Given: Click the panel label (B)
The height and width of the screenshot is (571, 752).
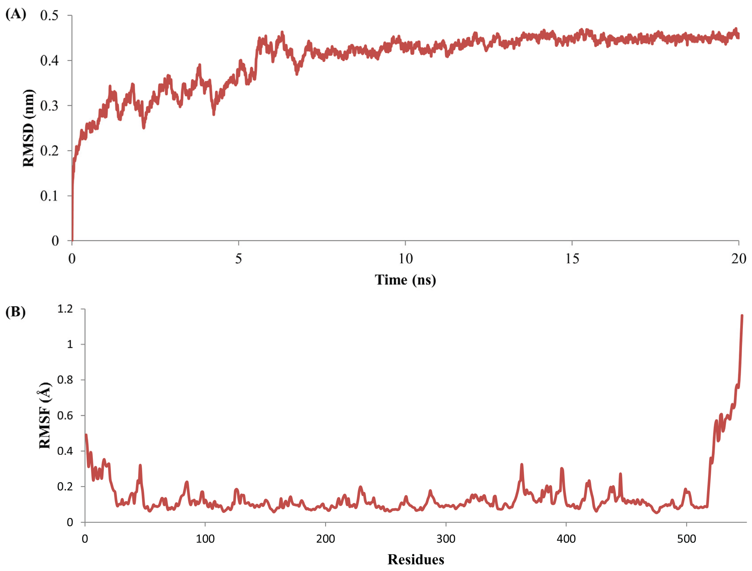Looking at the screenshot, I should pyautogui.click(x=16, y=312).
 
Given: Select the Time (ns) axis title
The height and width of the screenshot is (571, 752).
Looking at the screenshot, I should pyautogui.click(x=405, y=280).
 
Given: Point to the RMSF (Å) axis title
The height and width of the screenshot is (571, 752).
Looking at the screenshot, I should pyautogui.click(x=45, y=416).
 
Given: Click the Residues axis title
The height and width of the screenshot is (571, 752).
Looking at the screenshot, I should pyautogui.click(x=416, y=559).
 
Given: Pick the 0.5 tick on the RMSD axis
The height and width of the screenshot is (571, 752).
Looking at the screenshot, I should pyautogui.click(x=49, y=15).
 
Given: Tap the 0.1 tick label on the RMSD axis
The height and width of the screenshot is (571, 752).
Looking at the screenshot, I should pyautogui.click(x=49, y=196).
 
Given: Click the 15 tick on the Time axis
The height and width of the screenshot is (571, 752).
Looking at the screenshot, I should pyautogui.click(x=572, y=259).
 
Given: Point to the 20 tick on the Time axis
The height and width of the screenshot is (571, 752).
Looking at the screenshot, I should pyautogui.click(x=739, y=259).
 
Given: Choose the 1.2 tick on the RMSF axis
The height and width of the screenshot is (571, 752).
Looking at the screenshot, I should pyautogui.click(x=65, y=309).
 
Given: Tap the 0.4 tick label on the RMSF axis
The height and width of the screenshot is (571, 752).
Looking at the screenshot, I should pyautogui.click(x=65, y=451).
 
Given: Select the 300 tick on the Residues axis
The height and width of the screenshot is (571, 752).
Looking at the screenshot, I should pyautogui.click(x=446, y=539).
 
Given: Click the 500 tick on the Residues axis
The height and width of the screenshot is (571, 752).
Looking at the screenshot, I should pyautogui.click(x=686, y=539).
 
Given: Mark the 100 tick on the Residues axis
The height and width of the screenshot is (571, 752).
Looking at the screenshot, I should pyautogui.click(x=205, y=539).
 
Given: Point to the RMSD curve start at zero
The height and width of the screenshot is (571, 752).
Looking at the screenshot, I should pyautogui.click(x=72, y=240).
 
